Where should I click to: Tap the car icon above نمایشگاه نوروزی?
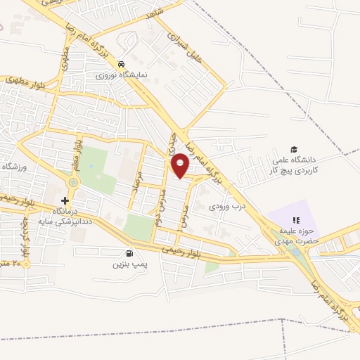click(x=122, y=62)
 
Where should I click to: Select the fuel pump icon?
click(x=128, y=254)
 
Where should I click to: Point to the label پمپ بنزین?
click(x=128, y=265)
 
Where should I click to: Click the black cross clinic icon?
click(x=65, y=201)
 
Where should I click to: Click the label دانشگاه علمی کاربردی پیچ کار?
click(x=295, y=165)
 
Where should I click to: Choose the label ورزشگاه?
click(x=13, y=166)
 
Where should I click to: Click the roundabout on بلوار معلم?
click(x=72, y=183)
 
